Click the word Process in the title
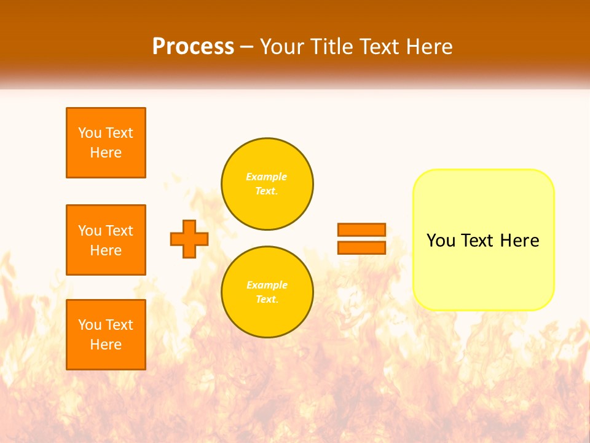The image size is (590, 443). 193,47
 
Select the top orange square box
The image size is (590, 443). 106,143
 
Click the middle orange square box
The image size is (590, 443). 106,240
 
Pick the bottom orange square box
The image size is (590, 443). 106,335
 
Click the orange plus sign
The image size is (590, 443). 189,239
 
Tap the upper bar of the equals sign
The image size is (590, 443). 361,229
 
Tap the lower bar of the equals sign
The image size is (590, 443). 361,247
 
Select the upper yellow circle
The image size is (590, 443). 267,184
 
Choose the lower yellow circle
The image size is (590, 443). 267,292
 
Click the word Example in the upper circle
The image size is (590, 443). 266,177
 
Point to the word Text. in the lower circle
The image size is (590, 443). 266,300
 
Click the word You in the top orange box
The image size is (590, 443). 90,133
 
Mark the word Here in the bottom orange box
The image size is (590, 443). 106,345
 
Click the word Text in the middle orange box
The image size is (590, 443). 119,231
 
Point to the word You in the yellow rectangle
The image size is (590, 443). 441,241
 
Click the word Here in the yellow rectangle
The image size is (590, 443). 519,241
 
